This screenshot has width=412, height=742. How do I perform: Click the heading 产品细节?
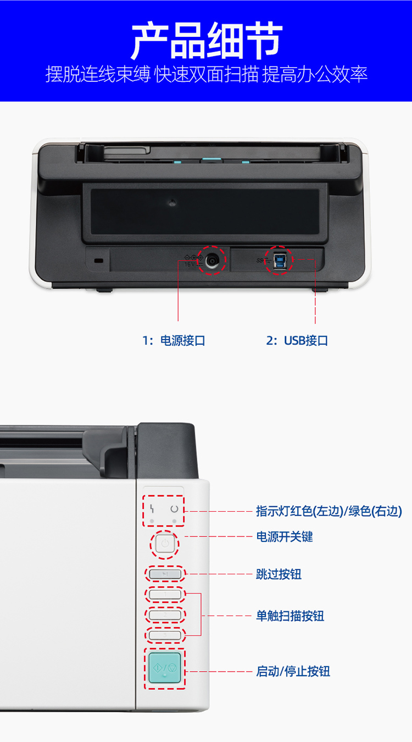tap(207, 41)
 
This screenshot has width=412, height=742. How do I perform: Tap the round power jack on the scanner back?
tap(212, 261)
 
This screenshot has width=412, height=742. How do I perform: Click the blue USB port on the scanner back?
tap(279, 261)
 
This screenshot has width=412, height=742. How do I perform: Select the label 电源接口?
tap(183, 341)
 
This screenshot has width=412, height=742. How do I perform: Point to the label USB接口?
tap(306, 341)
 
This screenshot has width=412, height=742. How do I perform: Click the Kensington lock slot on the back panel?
tap(98, 261)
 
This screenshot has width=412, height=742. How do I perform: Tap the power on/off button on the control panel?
tap(165, 544)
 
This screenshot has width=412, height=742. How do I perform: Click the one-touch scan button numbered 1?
tap(165, 595)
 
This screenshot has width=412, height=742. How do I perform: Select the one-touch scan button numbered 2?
tap(165, 615)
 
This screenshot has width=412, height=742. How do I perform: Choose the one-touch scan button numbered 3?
tap(165, 635)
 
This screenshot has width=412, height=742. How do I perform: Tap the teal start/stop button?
tap(165, 668)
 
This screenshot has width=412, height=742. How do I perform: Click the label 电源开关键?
tap(285, 536)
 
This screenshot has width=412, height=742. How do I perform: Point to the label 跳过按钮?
tap(279, 574)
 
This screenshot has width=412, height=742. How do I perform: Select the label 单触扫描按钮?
tap(290, 616)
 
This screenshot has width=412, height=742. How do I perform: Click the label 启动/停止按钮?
tap(293, 672)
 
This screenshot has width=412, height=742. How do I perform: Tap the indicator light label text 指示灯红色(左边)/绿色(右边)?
tap(329, 511)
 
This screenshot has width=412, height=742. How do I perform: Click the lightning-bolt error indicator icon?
tap(152, 508)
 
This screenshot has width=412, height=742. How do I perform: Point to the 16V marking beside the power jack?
tap(190, 264)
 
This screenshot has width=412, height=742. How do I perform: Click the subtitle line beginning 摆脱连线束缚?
tap(206, 74)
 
